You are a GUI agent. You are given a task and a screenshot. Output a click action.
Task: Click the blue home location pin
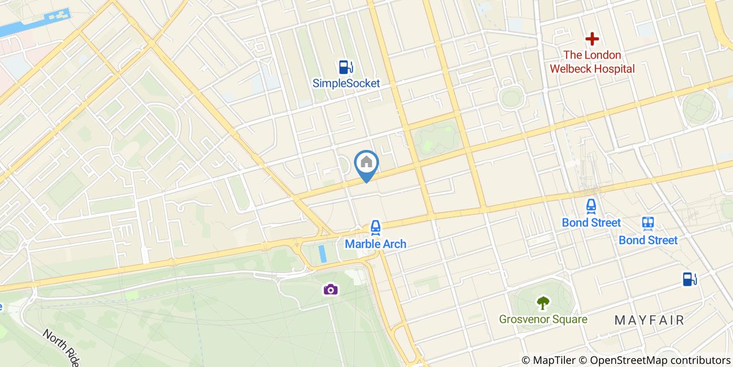[x=366, y=163]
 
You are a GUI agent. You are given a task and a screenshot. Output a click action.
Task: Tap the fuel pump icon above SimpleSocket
[x=346, y=67]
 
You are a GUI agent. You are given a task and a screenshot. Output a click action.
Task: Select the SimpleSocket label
[x=346, y=83]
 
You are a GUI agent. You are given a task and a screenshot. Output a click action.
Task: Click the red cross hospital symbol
[x=592, y=39]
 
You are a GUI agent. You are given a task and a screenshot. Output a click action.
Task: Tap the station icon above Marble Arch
[x=375, y=227]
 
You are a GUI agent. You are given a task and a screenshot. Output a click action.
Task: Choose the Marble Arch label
[x=375, y=244]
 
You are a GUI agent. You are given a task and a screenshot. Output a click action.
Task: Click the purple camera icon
[x=330, y=289]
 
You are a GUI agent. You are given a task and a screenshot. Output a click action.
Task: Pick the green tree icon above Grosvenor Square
[x=543, y=303]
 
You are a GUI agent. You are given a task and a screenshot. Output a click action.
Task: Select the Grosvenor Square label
[x=543, y=319]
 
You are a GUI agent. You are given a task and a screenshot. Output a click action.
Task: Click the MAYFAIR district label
[x=649, y=320]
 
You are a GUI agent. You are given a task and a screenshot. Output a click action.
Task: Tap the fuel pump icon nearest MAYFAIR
[x=690, y=279]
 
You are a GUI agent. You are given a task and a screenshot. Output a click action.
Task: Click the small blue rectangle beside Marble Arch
[x=322, y=254]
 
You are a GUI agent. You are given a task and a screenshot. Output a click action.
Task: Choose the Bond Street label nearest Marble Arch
[x=591, y=222]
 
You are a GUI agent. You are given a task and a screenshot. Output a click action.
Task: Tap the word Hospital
[x=614, y=69]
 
